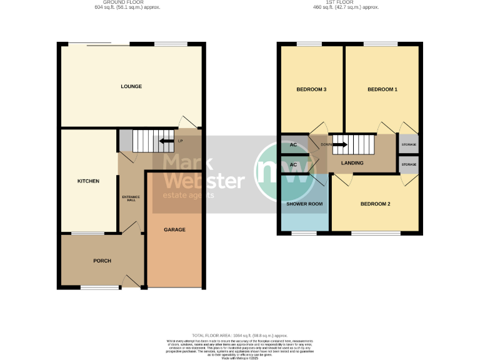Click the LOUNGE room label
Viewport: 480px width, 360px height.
[131, 86]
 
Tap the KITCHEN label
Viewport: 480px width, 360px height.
[88, 181]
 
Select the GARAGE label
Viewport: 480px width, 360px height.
[174, 229]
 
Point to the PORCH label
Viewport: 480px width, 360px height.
[102, 261]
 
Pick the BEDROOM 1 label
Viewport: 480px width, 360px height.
[382, 89]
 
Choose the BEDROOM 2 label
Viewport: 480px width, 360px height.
[375, 204]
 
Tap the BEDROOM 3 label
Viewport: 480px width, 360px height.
[311, 89]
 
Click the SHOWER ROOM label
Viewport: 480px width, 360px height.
[304, 204]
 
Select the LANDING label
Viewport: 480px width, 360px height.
[352, 163]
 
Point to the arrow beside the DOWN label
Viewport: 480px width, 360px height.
[340, 145]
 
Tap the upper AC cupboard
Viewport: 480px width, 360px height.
[292, 144]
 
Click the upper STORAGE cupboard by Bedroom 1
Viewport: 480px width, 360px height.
[409, 144]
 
